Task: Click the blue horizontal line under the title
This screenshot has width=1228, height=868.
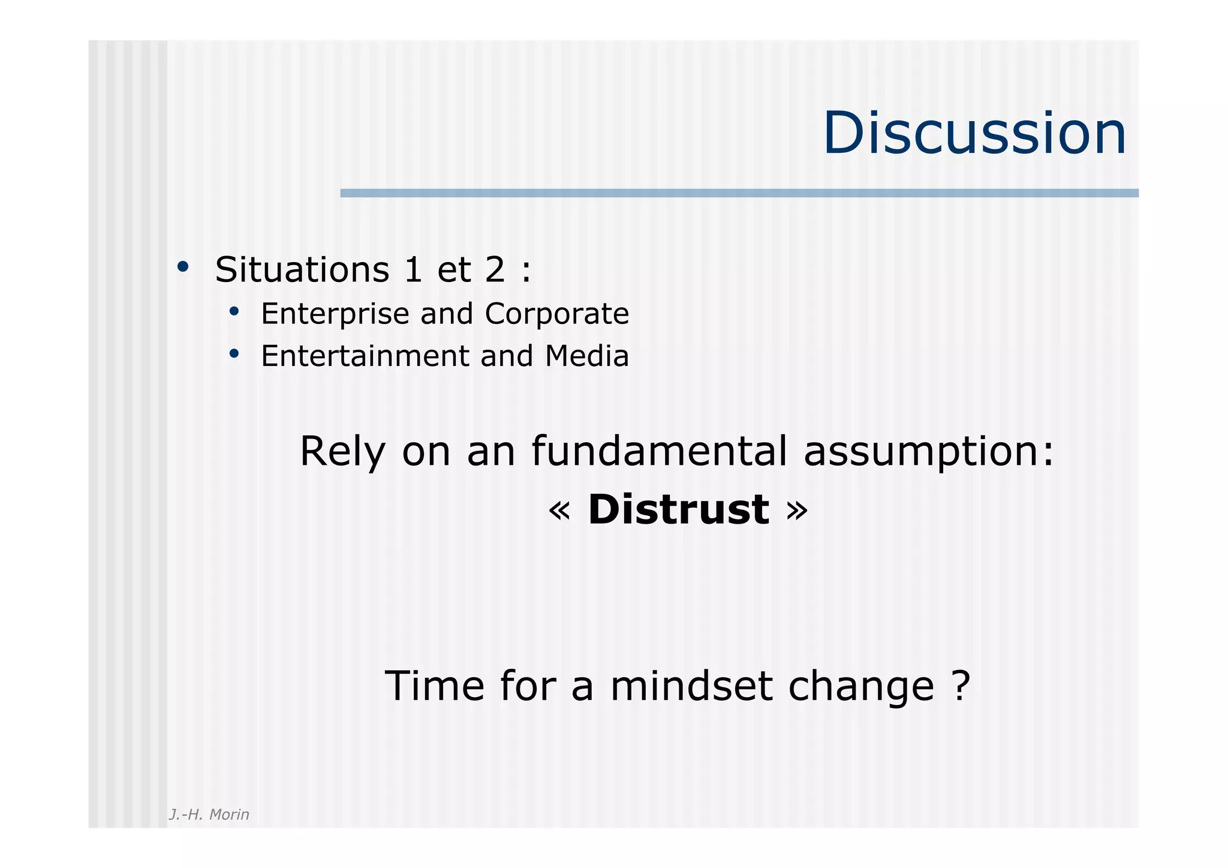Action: tap(739, 193)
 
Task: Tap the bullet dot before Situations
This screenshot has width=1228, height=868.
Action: tap(183, 266)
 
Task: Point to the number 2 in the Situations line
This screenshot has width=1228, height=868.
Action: tap(495, 269)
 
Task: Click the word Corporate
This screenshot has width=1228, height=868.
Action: tap(557, 314)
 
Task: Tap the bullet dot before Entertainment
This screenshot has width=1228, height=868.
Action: tap(234, 354)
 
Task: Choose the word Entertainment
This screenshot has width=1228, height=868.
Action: tap(367, 356)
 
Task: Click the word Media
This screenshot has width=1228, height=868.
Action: tap(587, 356)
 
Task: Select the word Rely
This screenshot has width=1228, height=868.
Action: tap(342, 452)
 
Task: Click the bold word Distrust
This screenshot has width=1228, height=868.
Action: tap(678, 510)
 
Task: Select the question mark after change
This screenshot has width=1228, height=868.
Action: tap(961, 685)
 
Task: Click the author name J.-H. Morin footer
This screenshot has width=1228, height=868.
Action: tap(209, 815)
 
